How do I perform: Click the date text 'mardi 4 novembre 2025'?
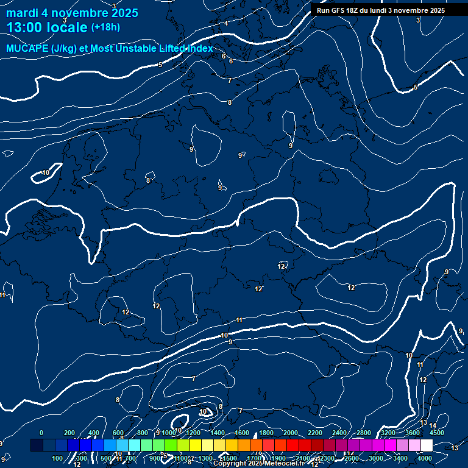72,13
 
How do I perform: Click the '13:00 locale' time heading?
47,27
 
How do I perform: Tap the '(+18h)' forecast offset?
105,27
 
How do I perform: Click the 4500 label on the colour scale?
436,433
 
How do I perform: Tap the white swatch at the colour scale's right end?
427,445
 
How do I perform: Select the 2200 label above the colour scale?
314,433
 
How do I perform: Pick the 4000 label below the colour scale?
425,458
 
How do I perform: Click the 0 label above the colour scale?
41,433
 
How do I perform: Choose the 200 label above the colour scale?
69,433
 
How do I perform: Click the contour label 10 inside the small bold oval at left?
46,173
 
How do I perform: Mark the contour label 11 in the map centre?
239,320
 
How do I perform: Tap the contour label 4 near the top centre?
226,23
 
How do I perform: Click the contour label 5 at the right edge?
416,88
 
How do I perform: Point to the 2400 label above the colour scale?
339,433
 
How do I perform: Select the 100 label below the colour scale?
57,458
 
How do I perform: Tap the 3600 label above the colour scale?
412,433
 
